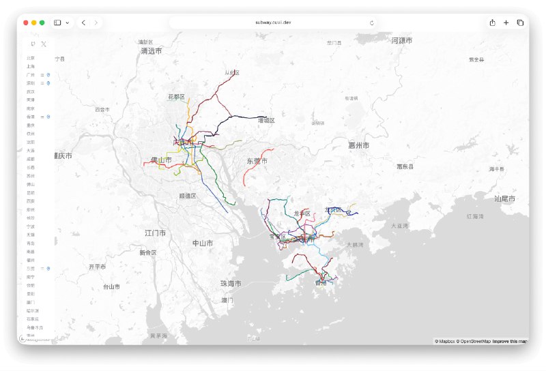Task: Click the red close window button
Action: tap(27, 23)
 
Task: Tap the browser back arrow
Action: tap(83, 23)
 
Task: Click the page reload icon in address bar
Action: tap(372, 23)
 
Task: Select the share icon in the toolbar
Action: tap(492, 23)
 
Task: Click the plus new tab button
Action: tap(506, 23)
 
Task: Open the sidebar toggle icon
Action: tap(57, 23)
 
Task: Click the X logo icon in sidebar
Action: tap(44, 44)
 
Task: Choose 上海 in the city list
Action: tap(31, 67)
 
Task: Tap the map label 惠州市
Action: tap(358, 145)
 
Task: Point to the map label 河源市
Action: tap(402, 41)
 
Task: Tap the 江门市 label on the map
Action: tap(155, 233)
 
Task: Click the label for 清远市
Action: tap(152, 51)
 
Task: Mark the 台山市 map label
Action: tap(111, 287)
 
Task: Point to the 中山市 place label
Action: tap(202, 243)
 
